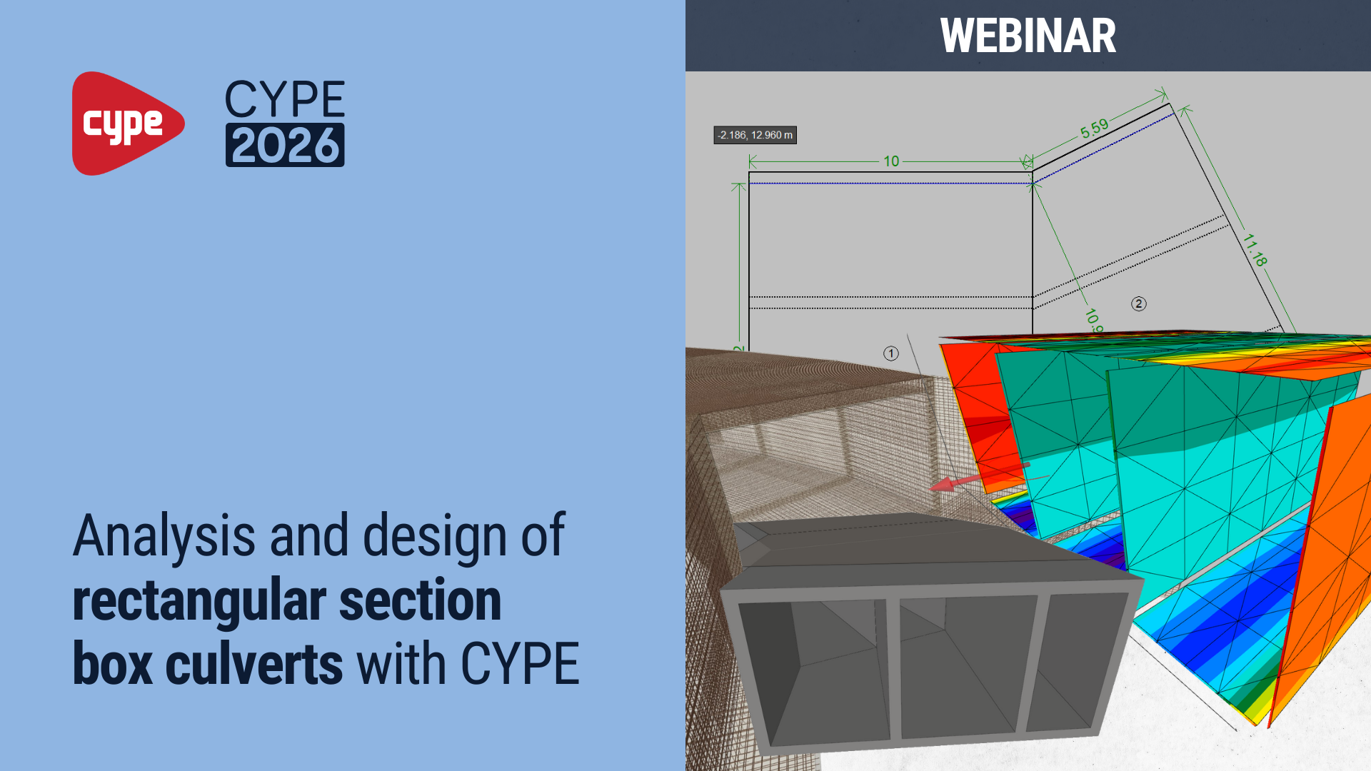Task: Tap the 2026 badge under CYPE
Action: click(x=285, y=146)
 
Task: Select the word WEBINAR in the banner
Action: click(x=1028, y=36)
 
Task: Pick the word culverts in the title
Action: click(x=253, y=665)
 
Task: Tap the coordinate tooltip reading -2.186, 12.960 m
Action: click(x=755, y=135)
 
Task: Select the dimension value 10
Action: click(x=891, y=161)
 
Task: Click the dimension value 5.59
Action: click(x=1094, y=129)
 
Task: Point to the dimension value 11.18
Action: click(x=1255, y=250)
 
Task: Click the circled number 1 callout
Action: click(x=890, y=353)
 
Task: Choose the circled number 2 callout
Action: click(x=1139, y=304)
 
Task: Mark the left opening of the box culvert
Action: click(x=814, y=671)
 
